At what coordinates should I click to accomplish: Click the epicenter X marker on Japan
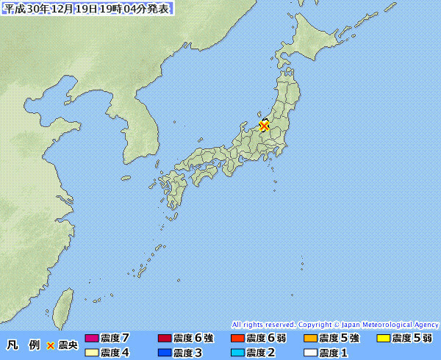point(264,126)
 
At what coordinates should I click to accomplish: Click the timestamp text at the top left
point(88,9)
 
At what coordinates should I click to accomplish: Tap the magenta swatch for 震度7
point(91,339)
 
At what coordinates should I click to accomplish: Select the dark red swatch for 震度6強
point(165,339)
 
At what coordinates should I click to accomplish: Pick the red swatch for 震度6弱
point(237,339)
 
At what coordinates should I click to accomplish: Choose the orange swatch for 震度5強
point(310,339)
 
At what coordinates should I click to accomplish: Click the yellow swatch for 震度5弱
point(383,339)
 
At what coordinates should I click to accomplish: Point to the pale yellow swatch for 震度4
point(91,353)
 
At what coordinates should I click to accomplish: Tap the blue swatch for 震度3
point(165,353)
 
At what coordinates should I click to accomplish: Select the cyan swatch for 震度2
point(237,353)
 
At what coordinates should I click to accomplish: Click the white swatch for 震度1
point(310,353)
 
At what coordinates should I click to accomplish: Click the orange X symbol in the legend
point(51,345)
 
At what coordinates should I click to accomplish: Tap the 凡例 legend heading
point(23,345)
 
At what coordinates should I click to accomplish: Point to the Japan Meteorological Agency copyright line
point(335,324)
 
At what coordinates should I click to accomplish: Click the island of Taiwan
point(65,305)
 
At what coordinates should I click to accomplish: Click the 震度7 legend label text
point(115,339)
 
